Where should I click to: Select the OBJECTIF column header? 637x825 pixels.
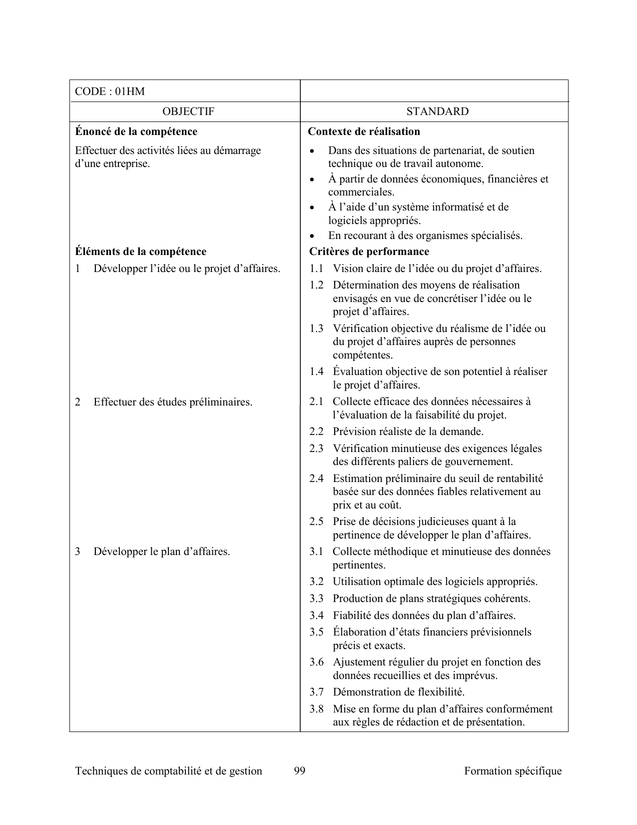188,111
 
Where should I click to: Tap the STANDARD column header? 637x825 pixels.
438,111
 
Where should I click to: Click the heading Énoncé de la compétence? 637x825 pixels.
136,131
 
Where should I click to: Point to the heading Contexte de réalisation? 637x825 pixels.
364,131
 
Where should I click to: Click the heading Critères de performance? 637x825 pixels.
369,251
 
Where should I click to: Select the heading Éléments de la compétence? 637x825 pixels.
140,251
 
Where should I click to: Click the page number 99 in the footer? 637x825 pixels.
300,771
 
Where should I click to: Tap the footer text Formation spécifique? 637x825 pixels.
513,771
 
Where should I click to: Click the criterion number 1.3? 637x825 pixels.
316,328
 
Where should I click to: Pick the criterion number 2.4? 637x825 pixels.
316,478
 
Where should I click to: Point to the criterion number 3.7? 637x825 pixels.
316,692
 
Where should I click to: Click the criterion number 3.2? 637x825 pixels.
316,581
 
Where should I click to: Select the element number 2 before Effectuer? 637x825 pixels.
78,402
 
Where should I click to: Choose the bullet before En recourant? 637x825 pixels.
312,236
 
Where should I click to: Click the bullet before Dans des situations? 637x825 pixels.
312,151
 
